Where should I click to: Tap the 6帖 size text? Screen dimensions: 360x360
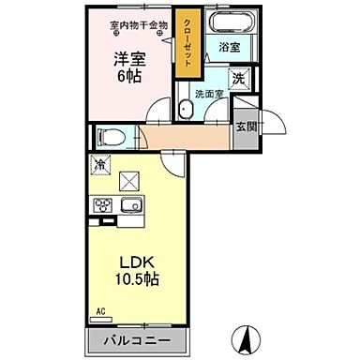[127, 78]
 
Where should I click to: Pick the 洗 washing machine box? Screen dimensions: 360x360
[239, 79]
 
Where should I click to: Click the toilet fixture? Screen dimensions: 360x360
[111, 138]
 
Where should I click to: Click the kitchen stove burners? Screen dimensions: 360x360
[102, 205]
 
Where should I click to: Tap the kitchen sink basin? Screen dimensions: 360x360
[130, 205]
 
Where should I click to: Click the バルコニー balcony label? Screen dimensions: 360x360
[136, 340]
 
